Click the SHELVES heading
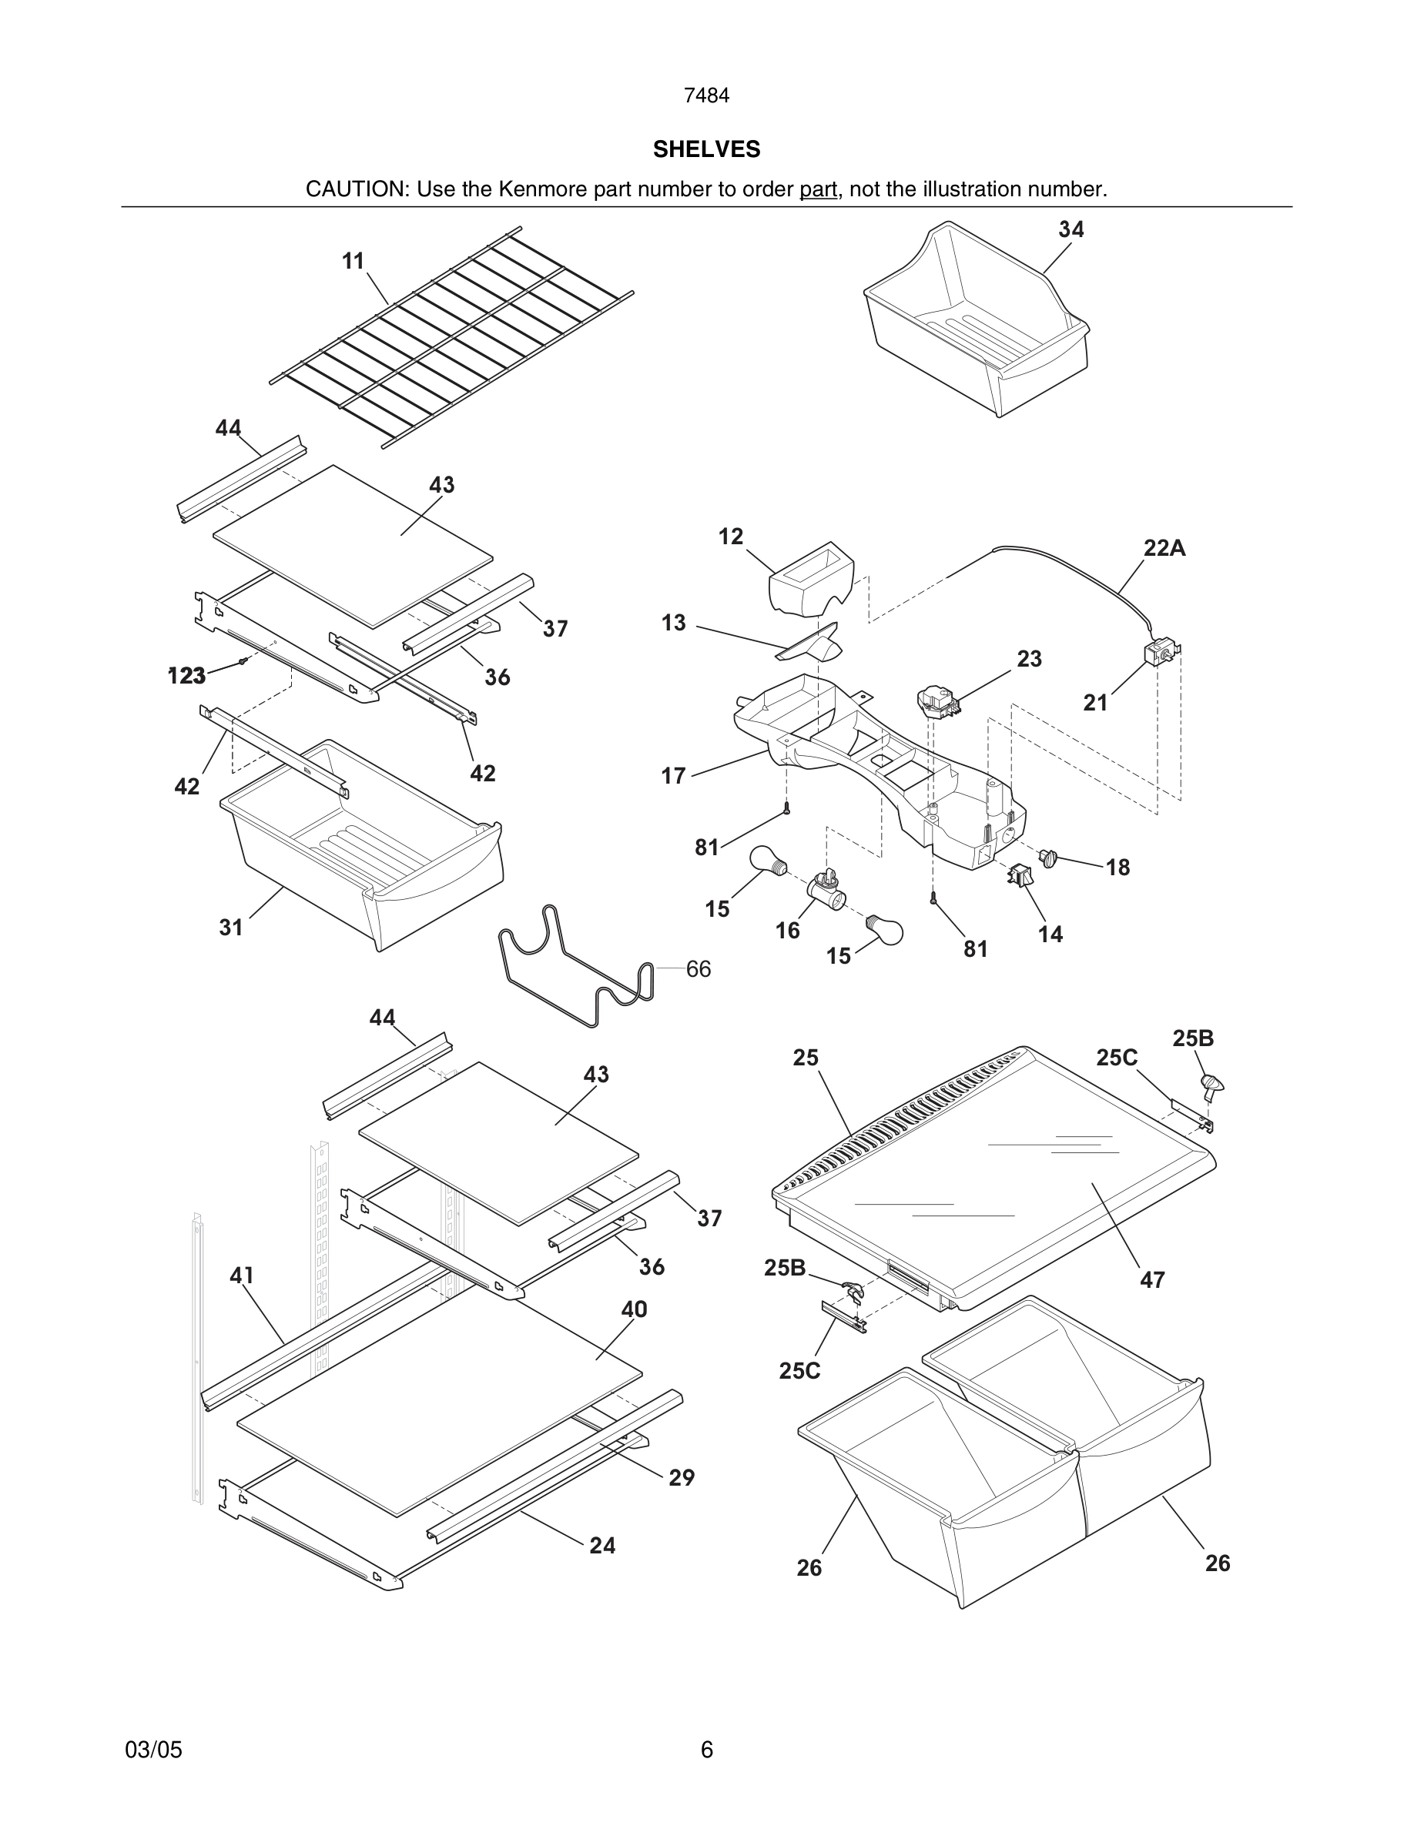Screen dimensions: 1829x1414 pyautogui.click(x=706, y=149)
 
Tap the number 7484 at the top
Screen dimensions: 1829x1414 pyautogui.click(x=706, y=96)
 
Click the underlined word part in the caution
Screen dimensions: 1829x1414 pyautogui.click(x=818, y=189)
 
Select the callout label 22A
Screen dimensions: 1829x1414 pyautogui.click(x=1164, y=549)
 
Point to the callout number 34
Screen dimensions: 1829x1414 pyautogui.click(x=1071, y=229)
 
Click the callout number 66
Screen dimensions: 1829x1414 pyautogui.click(x=698, y=969)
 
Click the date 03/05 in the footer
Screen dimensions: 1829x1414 pyautogui.click(x=153, y=1750)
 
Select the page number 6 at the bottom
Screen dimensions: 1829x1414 pyautogui.click(x=706, y=1750)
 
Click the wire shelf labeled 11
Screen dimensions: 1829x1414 pyautogui.click(x=452, y=335)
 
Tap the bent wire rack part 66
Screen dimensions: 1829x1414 pyautogui.click(x=578, y=971)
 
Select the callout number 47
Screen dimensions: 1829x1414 pyautogui.click(x=1152, y=1279)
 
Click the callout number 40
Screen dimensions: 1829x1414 pyautogui.click(x=634, y=1309)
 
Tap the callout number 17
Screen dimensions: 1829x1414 pyautogui.click(x=672, y=776)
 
